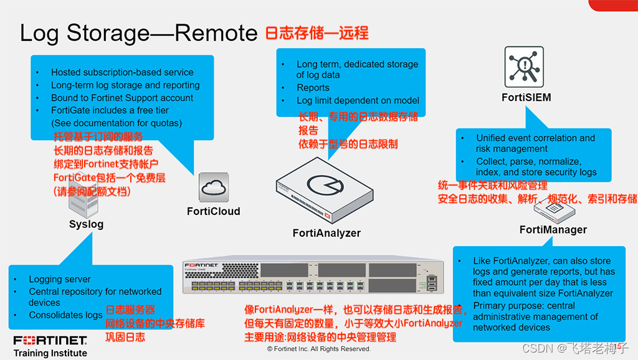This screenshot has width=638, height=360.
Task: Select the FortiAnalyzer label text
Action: (326, 233)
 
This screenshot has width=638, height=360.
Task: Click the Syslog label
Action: (86, 224)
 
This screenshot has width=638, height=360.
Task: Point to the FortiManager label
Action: (553, 230)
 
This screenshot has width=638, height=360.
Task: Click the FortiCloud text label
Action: (213, 211)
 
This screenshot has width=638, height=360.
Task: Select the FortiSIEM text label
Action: (526, 97)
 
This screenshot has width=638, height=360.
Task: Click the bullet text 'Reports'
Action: (313, 88)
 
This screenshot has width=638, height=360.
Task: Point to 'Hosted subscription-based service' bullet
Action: (122, 72)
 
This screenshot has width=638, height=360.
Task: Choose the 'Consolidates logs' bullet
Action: (65, 315)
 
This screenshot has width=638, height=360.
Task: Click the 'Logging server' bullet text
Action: (59, 280)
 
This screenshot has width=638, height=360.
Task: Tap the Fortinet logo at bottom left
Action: (50, 341)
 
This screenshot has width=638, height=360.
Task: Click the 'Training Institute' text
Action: (50, 353)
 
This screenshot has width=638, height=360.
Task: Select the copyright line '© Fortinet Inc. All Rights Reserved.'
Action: (318, 349)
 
